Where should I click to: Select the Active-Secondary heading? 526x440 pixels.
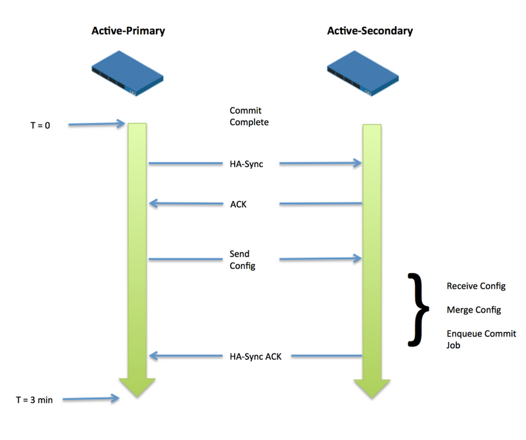(x=370, y=31)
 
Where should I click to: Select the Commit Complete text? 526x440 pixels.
(x=249, y=116)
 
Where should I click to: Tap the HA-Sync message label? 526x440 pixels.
(x=247, y=164)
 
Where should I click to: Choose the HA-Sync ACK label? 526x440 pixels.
(x=254, y=356)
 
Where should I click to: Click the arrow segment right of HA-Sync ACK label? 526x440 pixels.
(x=326, y=356)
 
